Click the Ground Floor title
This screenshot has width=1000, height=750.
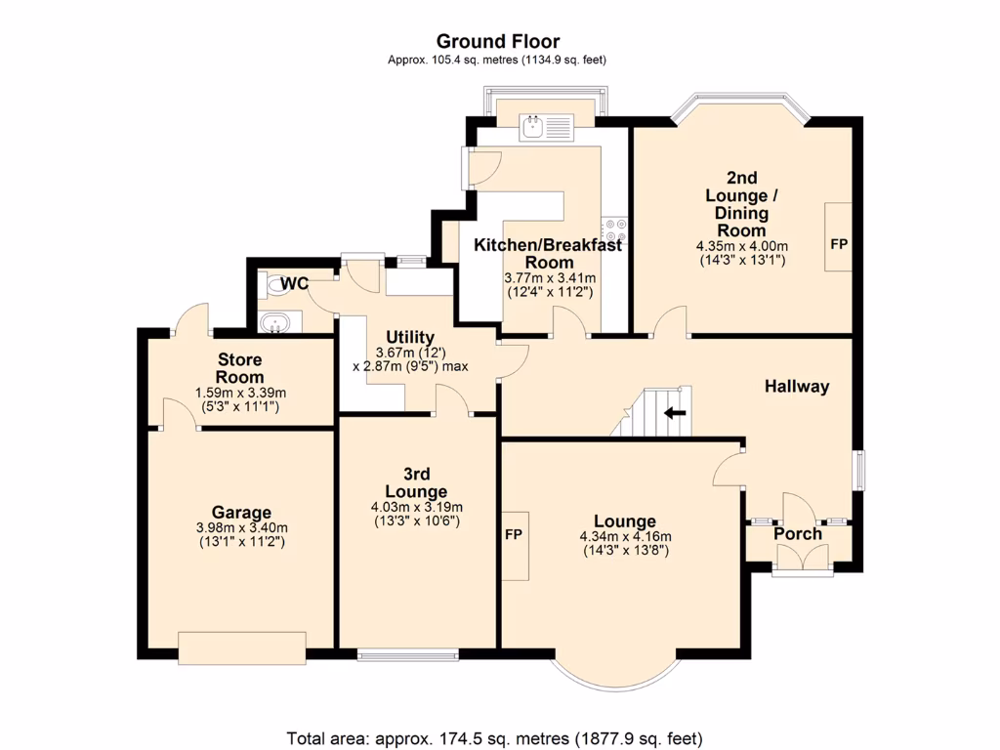(498, 41)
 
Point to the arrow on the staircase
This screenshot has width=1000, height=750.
(674, 412)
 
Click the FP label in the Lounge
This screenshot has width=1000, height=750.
(515, 536)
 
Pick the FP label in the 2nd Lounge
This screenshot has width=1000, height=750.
(838, 243)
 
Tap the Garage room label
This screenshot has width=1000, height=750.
(241, 513)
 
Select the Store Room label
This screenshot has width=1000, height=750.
(239, 368)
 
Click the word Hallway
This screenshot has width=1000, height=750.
(796, 386)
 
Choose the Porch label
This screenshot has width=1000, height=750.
(798, 534)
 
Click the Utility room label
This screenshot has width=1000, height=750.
(409, 337)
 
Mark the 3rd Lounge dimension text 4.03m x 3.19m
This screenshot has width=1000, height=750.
(416, 507)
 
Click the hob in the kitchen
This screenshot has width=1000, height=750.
(615, 229)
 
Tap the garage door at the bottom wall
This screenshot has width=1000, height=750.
(242, 646)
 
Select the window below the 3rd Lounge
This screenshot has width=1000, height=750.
(407, 654)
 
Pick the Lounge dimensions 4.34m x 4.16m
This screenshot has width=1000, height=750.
(625, 536)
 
